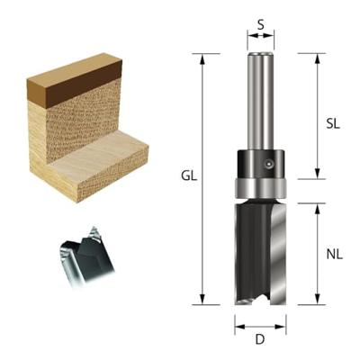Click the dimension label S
261,24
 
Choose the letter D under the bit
260,339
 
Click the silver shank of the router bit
260,99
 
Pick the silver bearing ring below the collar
260,189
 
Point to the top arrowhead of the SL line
316,57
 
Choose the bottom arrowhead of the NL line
316,303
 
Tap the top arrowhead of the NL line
316,206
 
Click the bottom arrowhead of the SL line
316,176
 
